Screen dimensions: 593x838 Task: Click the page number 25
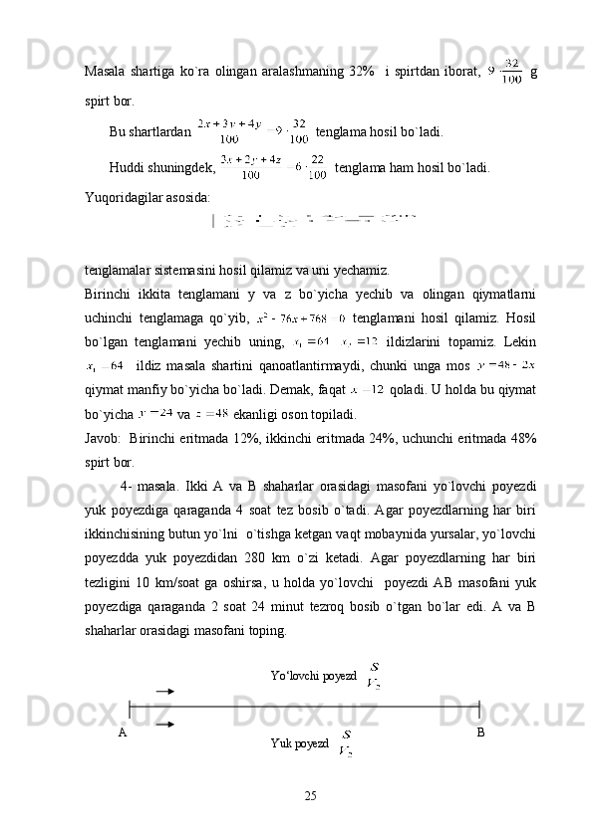(311, 796)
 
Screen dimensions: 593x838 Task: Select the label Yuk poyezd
(299, 743)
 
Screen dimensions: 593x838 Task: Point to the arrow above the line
(166, 689)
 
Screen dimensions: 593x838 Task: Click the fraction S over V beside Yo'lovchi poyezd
(374, 675)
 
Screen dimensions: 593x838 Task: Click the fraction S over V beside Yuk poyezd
(346, 742)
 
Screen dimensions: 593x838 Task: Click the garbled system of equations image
(317, 217)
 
